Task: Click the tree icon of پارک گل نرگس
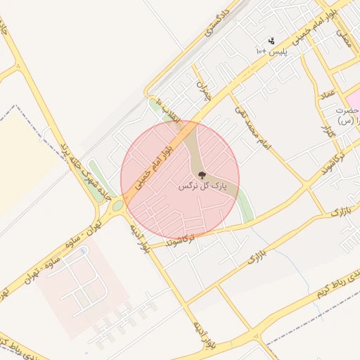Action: pos(202,175)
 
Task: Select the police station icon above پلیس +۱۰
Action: pos(271,41)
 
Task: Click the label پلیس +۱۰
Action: pos(272,52)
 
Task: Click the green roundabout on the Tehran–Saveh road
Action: pos(118,205)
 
